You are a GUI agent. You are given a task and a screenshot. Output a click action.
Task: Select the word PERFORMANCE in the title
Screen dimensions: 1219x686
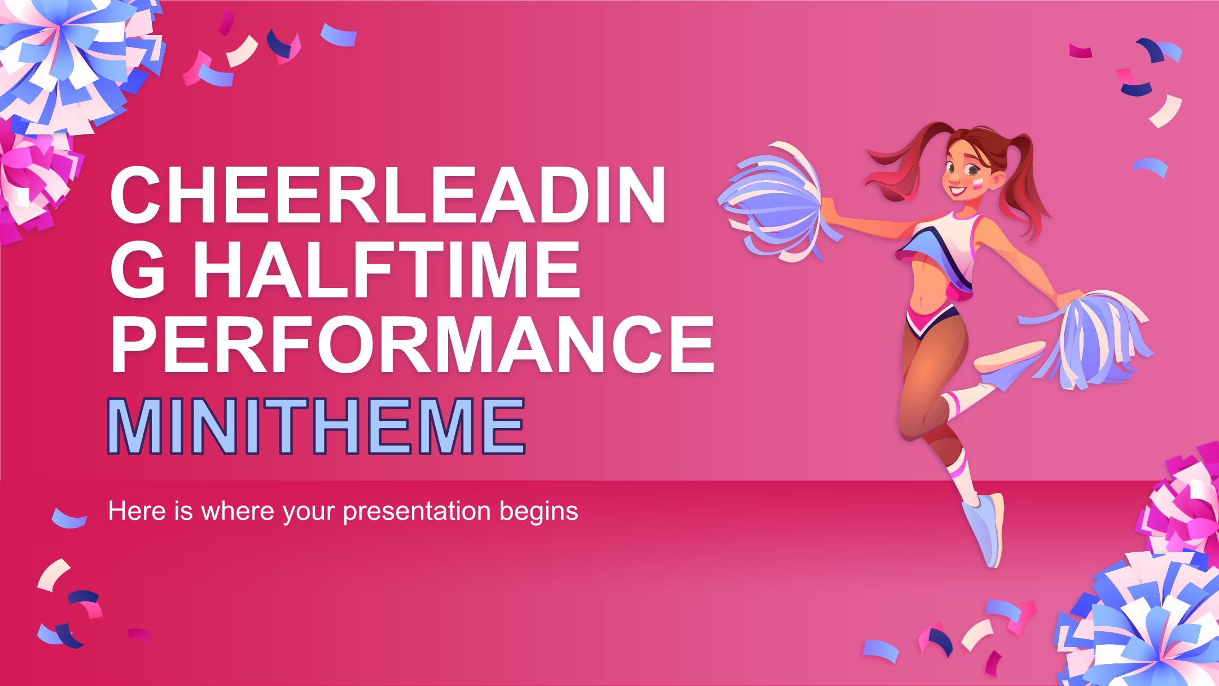(412, 345)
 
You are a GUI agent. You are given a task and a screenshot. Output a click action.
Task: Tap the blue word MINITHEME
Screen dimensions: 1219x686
(316, 427)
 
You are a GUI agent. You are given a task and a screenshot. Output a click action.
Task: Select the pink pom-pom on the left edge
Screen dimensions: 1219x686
(34, 181)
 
